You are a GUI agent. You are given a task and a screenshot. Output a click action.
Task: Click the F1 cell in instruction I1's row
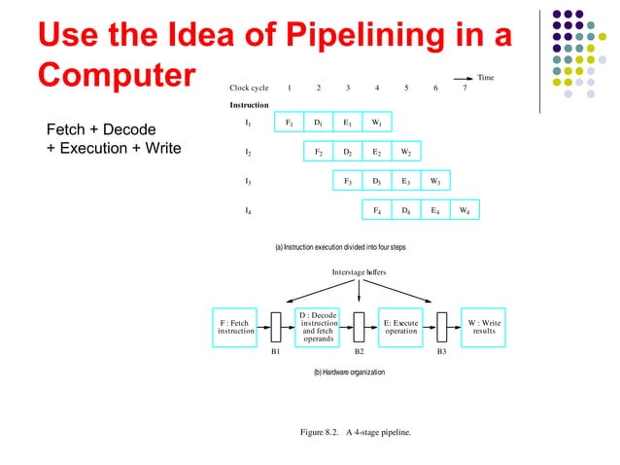pyautogui.click(x=289, y=124)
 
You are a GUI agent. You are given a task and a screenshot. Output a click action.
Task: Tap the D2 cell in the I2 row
pyautogui.click(x=347, y=153)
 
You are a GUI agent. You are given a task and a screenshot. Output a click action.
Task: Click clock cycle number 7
pyautogui.click(x=465, y=88)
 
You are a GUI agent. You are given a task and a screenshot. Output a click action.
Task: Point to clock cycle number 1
pyautogui.click(x=290, y=88)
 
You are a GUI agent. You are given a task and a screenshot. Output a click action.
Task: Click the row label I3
pyautogui.click(x=248, y=181)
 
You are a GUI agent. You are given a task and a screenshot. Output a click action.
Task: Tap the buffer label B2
pyautogui.click(x=359, y=350)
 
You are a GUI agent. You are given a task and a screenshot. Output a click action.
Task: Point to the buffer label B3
pyautogui.click(x=441, y=350)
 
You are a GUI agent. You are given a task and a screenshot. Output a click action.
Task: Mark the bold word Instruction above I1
pyautogui.click(x=250, y=104)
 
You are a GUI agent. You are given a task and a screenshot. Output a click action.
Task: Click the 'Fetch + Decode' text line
pyautogui.click(x=101, y=129)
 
